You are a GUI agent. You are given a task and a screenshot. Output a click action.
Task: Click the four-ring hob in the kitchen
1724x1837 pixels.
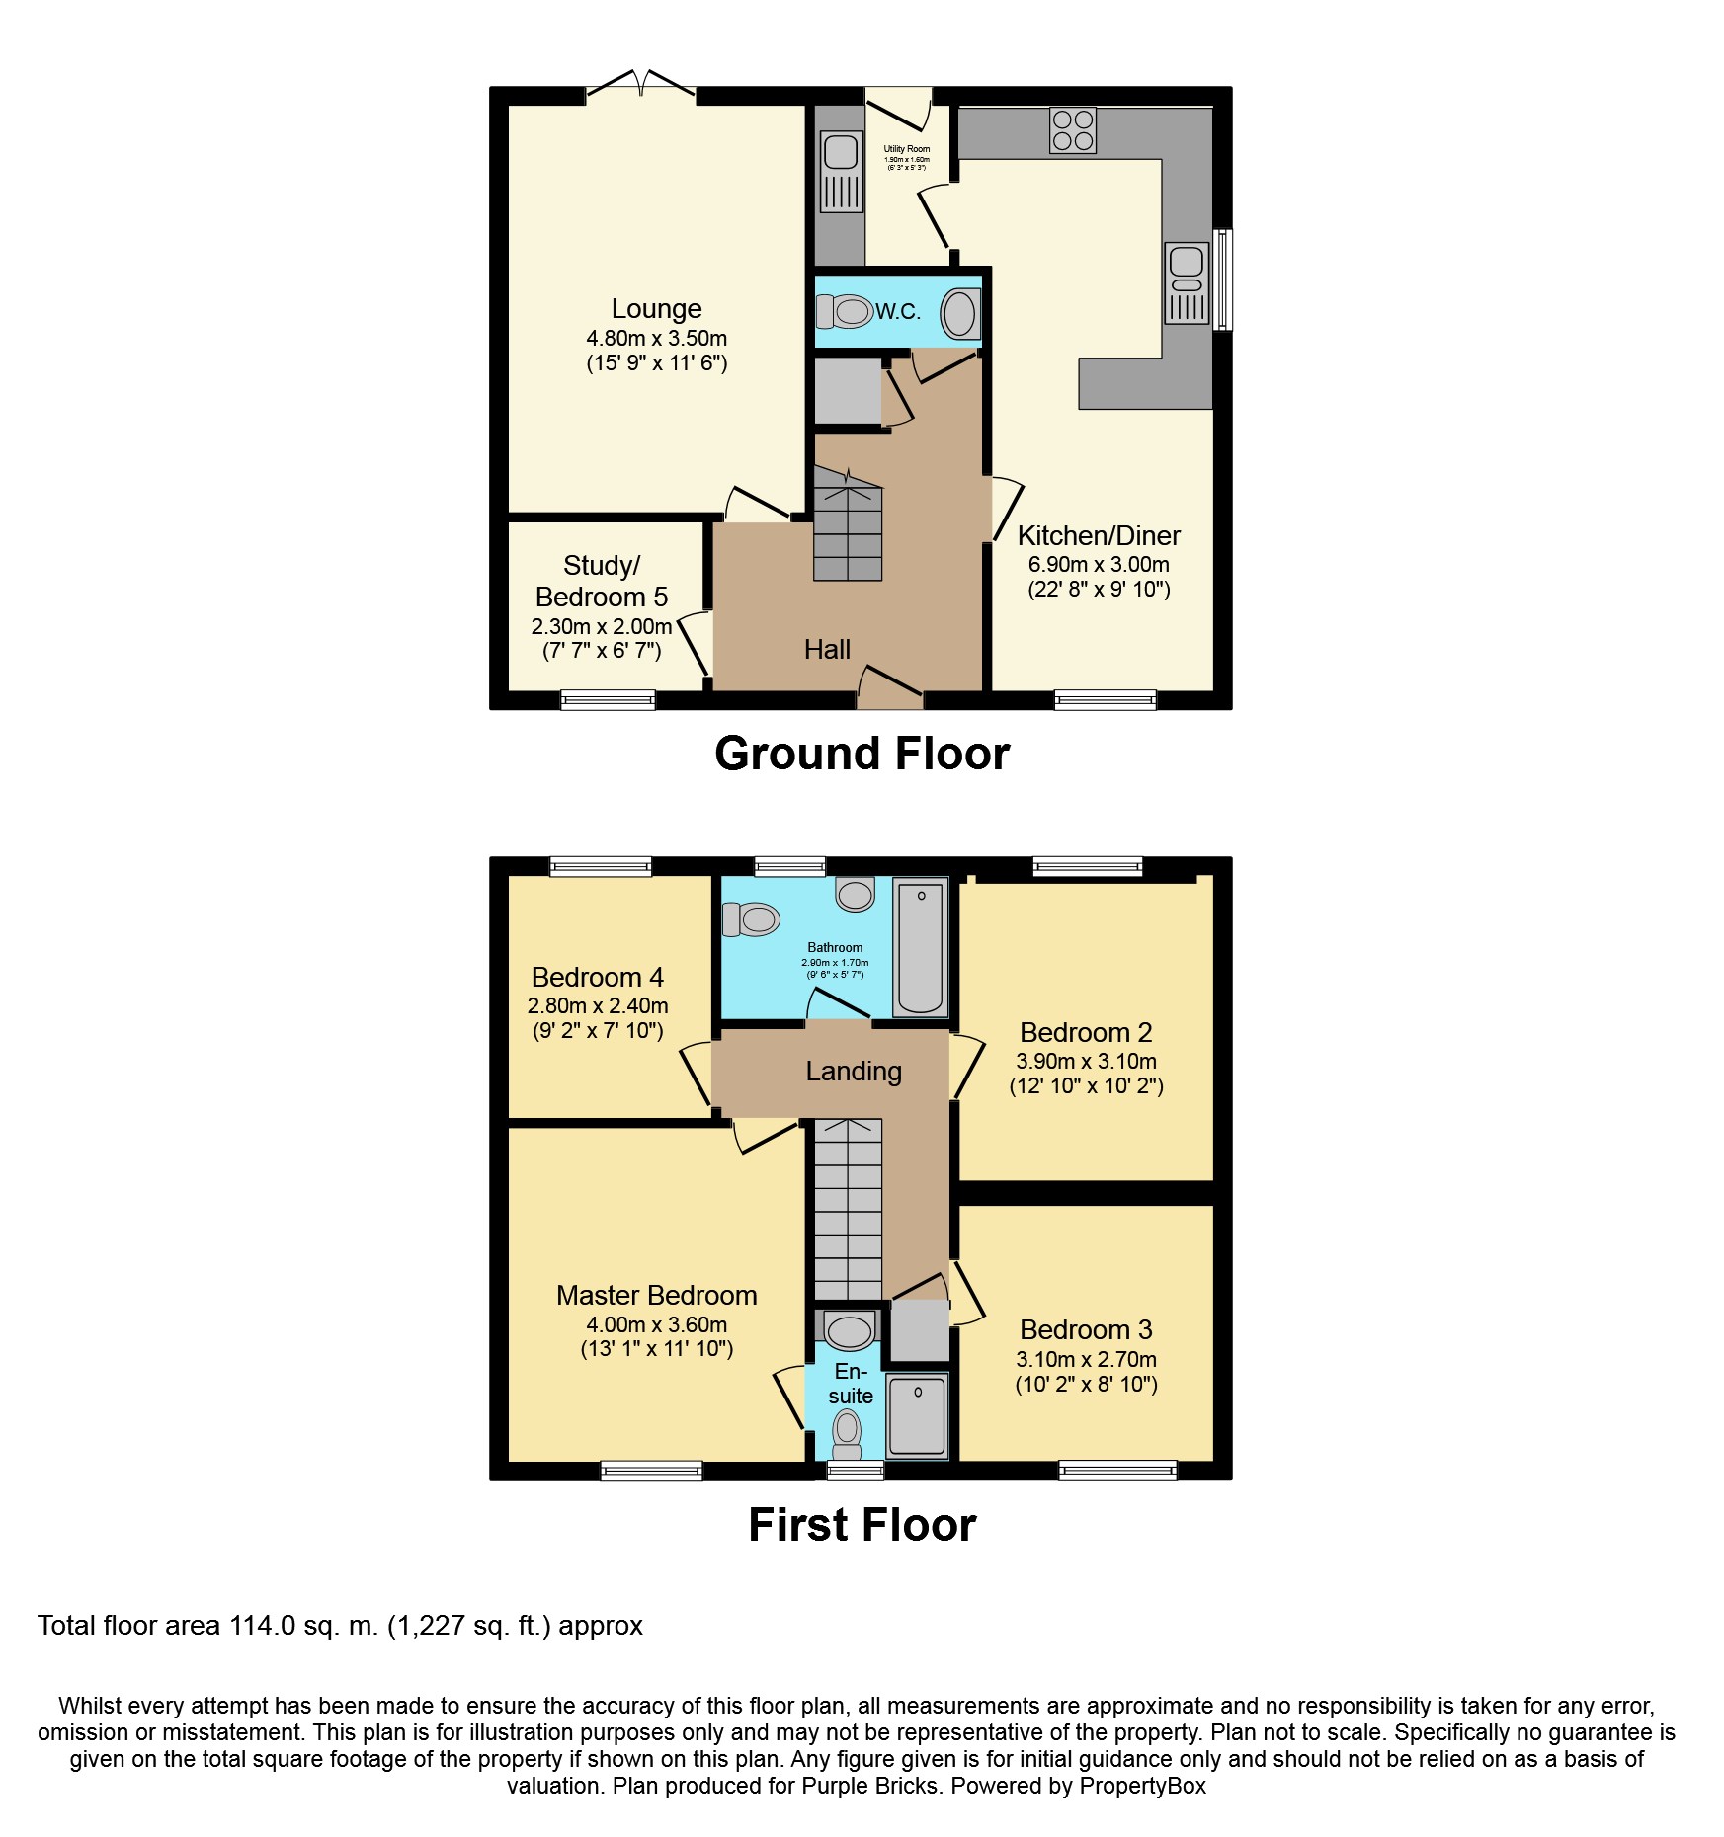click(x=1072, y=130)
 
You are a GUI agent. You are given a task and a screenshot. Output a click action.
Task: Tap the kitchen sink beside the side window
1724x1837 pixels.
click(x=1187, y=283)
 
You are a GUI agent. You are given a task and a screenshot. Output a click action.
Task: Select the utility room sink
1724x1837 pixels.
click(x=841, y=172)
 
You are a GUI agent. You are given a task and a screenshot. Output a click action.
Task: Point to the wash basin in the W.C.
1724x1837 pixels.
click(x=958, y=314)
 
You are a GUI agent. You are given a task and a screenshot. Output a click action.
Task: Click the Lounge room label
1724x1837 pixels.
click(x=656, y=309)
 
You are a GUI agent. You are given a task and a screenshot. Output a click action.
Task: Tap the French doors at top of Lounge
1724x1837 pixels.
click(x=641, y=86)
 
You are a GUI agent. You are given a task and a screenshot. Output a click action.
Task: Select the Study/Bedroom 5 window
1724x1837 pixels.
click(x=608, y=699)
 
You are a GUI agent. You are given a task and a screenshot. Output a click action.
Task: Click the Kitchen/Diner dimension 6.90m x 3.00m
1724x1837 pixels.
click(x=1099, y=565)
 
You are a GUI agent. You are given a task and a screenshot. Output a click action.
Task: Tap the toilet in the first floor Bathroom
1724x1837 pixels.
click(x=752, y=919)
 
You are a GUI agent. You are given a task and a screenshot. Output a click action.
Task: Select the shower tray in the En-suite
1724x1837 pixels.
click(x=917, y=1416)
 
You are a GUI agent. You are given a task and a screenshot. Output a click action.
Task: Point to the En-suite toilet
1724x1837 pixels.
click(x=847, y=1433)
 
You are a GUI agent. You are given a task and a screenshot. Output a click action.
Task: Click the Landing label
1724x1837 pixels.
click(x=854, y=1072)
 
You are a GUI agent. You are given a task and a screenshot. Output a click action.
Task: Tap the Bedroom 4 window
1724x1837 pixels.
click(x=601, y=866)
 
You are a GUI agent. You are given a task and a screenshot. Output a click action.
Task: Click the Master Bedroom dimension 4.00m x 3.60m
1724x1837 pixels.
click(x=656, y=1324)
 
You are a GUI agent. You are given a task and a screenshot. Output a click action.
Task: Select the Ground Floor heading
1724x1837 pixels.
click(x=862, y=754)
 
